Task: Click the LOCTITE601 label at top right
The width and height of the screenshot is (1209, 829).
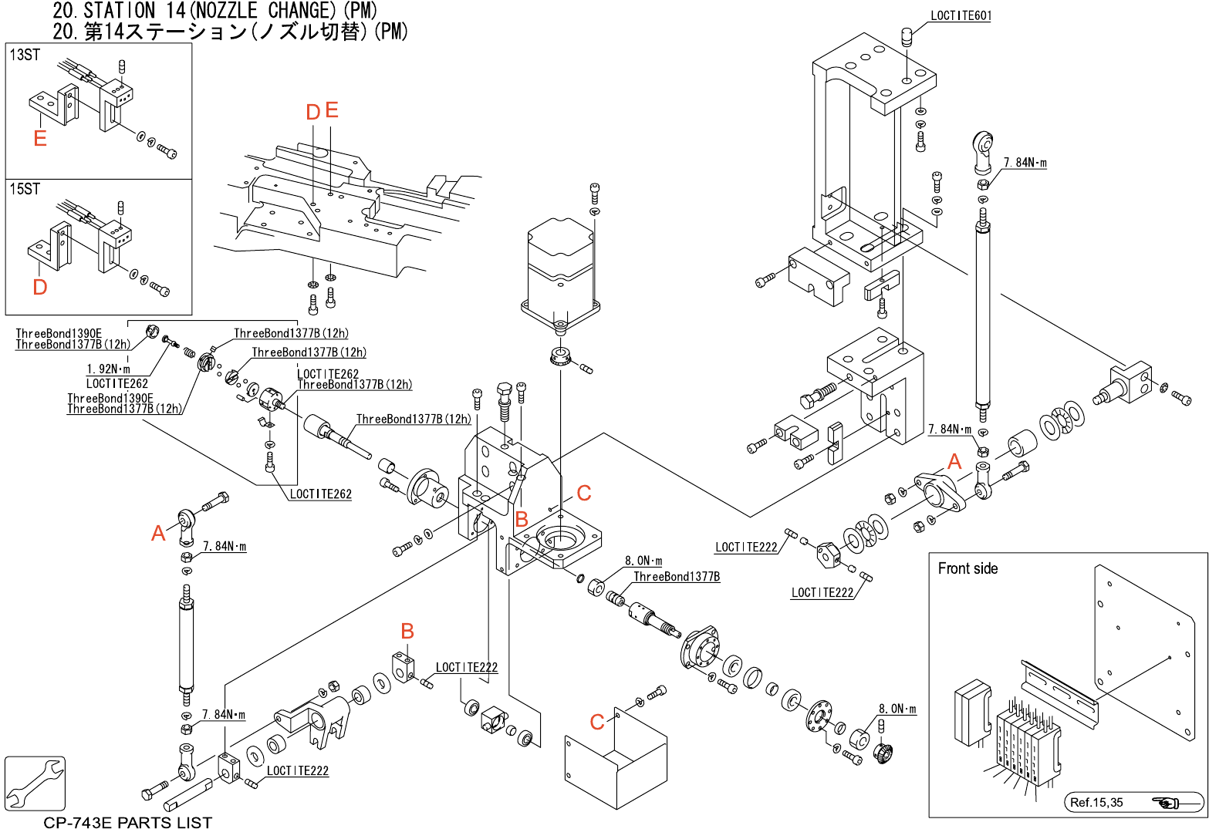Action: click(961, 15)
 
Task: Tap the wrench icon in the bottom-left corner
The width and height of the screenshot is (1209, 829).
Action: click(35, 783)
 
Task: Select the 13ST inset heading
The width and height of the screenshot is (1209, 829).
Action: click(25, 55)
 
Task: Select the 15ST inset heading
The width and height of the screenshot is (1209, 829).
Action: click(25, 189)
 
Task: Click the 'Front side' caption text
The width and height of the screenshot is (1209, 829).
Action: click(968, 569)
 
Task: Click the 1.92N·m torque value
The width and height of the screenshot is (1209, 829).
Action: click(108, 369)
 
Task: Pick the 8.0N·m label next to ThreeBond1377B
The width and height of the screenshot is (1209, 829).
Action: click(643, 561)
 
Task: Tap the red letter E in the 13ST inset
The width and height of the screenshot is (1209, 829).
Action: click(40, 138)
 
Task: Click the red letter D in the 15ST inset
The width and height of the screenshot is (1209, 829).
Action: click(40, 287)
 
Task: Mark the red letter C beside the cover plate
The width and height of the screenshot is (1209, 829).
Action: click(597, 722)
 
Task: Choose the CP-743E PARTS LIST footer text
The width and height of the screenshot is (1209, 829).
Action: click(127, 822)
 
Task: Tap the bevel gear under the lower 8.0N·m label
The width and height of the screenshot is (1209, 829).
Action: click(883, 750)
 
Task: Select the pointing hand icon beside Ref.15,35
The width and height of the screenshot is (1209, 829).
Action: click(1166, 803)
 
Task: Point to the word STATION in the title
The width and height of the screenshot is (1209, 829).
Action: click(120, 11)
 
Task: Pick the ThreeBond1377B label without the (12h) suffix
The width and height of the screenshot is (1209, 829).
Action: click(677, 577)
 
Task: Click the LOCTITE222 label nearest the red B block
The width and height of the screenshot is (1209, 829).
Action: click(467, 668)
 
